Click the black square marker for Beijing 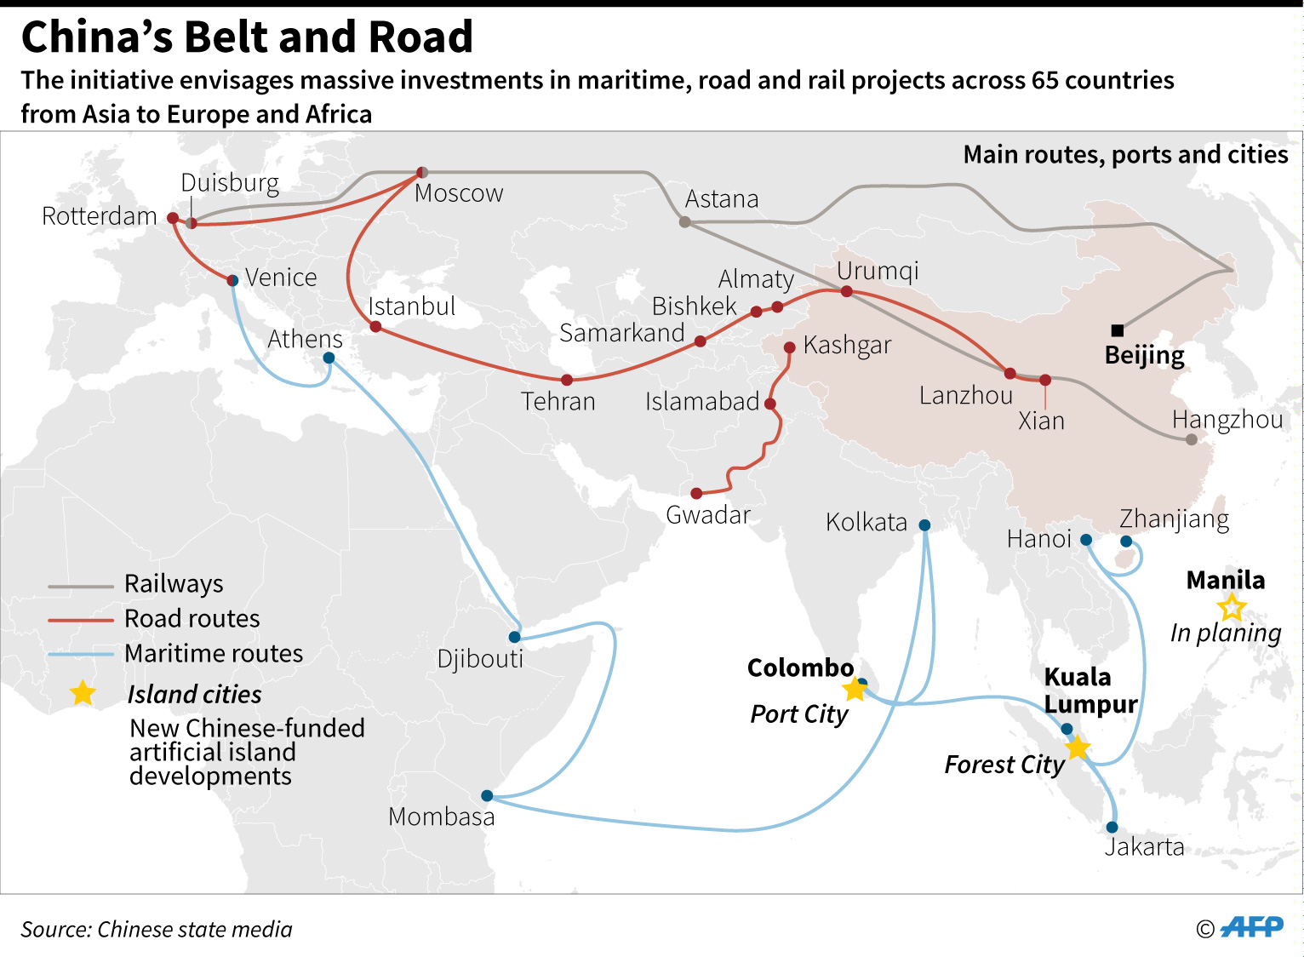click(x=1118, y=330)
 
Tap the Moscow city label click(x=459, y=193)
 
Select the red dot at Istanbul click(x=375, y=326)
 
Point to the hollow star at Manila click(x=1231, y=608)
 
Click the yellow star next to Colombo click(x=855, y=689)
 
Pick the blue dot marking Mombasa click(x=487, y=796)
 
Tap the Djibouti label click(x=480, y=658)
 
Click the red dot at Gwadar click(x=696, y=494)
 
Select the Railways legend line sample click(x=81, y=586)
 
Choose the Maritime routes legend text click(x=214, y=653)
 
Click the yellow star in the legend click(x=83, y=693)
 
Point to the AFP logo click(x=1251, y=927)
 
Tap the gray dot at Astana click(x=685, y=222)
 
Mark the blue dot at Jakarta click(x=1112, y=828)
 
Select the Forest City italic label click(x=1004, y=765)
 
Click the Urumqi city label click(x=878, y=271)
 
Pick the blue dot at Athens click(x=329, y=358)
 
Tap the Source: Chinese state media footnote click(x=157, y=929)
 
